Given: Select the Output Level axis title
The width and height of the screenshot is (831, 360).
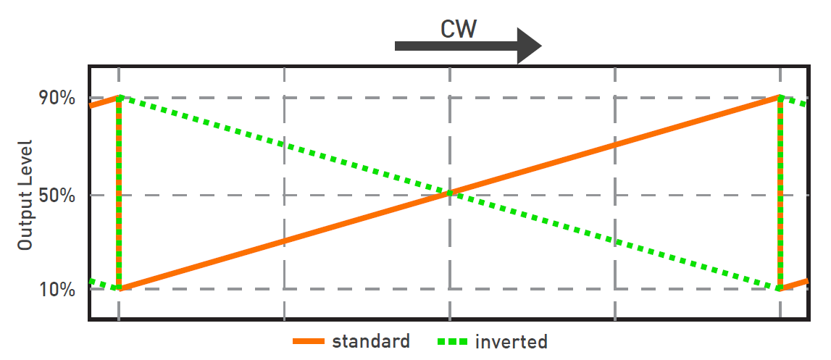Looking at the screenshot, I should [x=26, y=194].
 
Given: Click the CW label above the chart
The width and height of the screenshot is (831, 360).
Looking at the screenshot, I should [x=458, y=29].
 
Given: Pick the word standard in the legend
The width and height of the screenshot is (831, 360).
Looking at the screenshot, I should [x=371, y=341].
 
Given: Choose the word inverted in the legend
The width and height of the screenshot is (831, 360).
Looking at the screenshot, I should [x=511, y=342].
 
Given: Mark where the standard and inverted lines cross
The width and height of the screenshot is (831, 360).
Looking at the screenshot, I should [x=450, y=193].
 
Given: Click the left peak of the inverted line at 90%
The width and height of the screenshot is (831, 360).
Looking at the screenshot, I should [x=120, y=97].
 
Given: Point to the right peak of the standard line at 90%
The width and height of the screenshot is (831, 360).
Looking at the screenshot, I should [x=780, y=97].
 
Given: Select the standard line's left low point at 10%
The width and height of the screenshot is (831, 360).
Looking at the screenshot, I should [x=120, y=288].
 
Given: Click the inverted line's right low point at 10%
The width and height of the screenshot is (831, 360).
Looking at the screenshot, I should [x=780, y=288].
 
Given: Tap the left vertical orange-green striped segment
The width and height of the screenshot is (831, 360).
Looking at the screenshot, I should [x=119, y=193].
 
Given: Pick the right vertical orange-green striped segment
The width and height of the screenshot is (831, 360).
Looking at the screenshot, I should [x=780, y=193].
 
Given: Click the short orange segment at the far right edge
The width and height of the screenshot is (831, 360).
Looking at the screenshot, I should [x=795, y=284].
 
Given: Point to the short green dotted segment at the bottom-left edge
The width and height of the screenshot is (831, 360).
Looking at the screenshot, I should [x=104, y=285].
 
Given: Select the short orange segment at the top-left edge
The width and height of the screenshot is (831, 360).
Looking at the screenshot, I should [x=104, y=101].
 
